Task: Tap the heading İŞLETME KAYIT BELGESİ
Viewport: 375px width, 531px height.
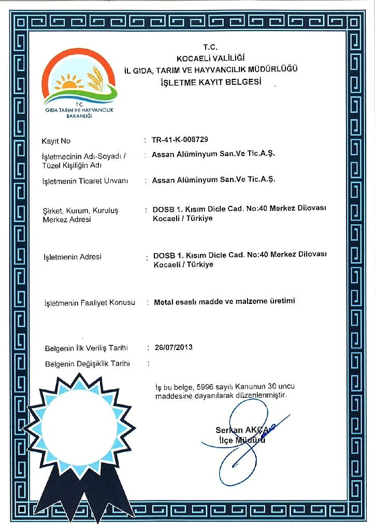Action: tap(219, 82)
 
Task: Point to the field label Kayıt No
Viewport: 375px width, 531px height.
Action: tap(56, 141)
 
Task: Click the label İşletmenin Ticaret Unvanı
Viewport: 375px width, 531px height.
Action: tap(84, 181)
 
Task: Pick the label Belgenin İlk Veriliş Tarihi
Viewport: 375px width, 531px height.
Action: tap(86, 348)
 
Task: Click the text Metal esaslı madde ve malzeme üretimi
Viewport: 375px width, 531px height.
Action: tap(224, 301)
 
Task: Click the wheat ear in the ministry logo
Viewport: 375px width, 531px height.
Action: tap(95, 79)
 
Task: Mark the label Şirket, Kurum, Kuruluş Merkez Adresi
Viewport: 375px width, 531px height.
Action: tap(80, 215)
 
